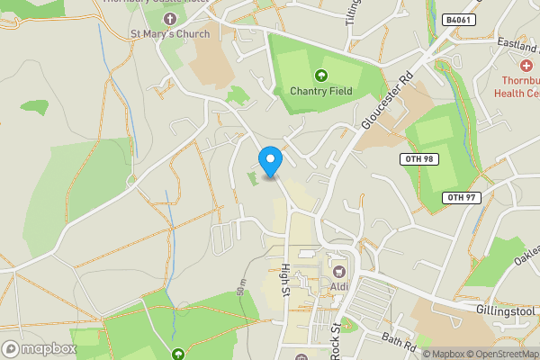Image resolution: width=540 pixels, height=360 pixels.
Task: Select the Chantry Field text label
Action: coord(320,91)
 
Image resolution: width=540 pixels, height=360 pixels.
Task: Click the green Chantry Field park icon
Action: coord(320,76)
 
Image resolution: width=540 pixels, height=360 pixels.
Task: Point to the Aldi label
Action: coord(339,286)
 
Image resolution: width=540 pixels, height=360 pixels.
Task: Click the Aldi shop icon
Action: coord(339,271)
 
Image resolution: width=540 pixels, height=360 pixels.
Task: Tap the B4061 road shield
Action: coord(460,19)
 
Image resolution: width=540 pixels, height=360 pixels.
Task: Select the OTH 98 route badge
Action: coord(417,159)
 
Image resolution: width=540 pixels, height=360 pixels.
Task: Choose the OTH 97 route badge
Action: coord(462,198)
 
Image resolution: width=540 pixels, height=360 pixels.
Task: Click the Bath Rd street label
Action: coord(398,342)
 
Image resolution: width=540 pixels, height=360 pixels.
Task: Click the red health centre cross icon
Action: coord(526,66)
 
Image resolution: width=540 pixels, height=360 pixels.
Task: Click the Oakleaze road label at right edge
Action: coord(526,255)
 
